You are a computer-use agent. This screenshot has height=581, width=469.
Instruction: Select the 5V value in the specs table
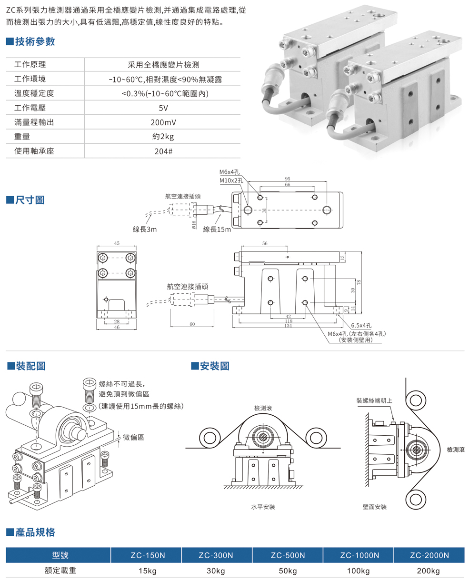tap(163, 108)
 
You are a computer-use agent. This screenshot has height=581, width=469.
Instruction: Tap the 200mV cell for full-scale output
tap(163, 122)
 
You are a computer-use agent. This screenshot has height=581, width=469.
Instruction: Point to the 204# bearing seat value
tap(163, 151)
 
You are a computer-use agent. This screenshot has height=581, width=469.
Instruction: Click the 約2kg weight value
tap(163, 137)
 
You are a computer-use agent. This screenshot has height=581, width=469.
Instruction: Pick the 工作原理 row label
tap(30, 65)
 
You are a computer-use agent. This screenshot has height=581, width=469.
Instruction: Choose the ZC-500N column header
tap(288, 555)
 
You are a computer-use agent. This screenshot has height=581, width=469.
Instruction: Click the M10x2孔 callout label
tap(231, 180)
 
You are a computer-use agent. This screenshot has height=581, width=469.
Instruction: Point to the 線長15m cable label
tap(217, 230)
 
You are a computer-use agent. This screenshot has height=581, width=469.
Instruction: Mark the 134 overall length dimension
tap(288, 326)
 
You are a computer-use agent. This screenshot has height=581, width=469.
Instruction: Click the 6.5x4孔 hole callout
tap(362, 326)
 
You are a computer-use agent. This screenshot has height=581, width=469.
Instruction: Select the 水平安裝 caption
tap(263, 507)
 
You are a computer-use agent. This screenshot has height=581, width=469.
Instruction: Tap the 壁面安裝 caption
tap(374, 507)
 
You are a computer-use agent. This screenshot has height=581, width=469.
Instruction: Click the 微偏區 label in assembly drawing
tap(133, 437)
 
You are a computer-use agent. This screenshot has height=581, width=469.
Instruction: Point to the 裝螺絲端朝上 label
tap(374, 401)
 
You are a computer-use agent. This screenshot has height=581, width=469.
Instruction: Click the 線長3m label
tap(145, 230)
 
